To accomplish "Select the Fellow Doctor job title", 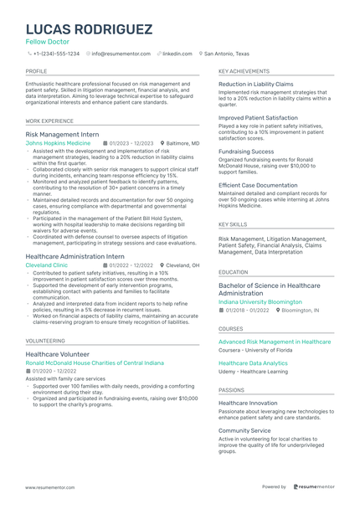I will [x=48, y=42].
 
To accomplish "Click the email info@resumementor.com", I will [x=121, y=53].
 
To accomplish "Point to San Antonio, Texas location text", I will [x=227, y=53].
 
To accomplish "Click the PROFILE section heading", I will [x=37, y=73].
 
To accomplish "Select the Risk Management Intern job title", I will [x=62, y=134].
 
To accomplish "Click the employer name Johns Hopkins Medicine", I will [x=59, y=143].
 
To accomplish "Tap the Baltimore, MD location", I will [x=183, y=143].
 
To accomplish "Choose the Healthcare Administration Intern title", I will [x=75, y=256].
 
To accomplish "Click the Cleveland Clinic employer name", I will [x=47, y=265].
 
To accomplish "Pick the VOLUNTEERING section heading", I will [x=45, y=342].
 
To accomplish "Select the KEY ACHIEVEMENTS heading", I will [x=244, y=73].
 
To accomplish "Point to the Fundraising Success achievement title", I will [x=246, y=152].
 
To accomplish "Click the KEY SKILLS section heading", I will [x=233, y=224].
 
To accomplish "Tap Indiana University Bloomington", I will [x=260, y=301].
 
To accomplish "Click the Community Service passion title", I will [x=244, y=430].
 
